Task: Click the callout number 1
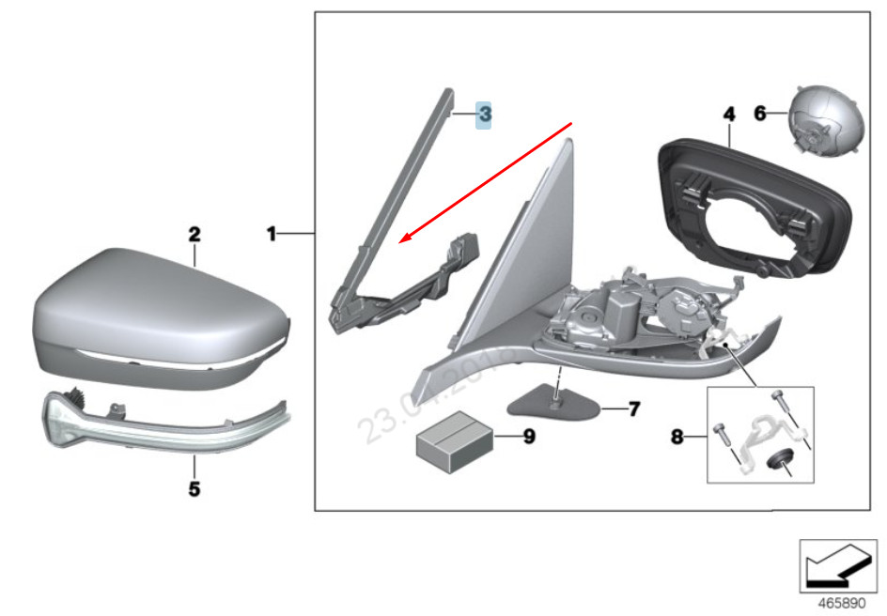[271, 233]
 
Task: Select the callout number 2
[194, 233]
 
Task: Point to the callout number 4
[727, 115]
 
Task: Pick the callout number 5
[194, 489]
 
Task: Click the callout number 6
[760, 114]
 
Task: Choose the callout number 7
[633, 409]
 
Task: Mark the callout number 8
[677, 437]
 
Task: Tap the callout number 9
[528, 437]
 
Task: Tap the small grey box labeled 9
[456, 439]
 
